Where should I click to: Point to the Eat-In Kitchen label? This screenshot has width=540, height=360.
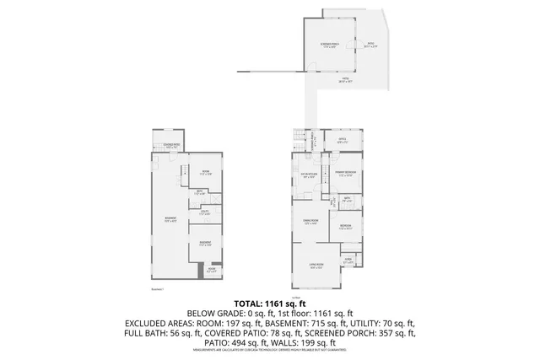[308, 176]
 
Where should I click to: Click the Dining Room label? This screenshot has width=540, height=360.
[310, 223]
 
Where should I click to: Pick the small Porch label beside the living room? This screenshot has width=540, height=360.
[348, 261]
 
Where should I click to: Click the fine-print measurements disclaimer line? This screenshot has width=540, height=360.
[269, 351]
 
